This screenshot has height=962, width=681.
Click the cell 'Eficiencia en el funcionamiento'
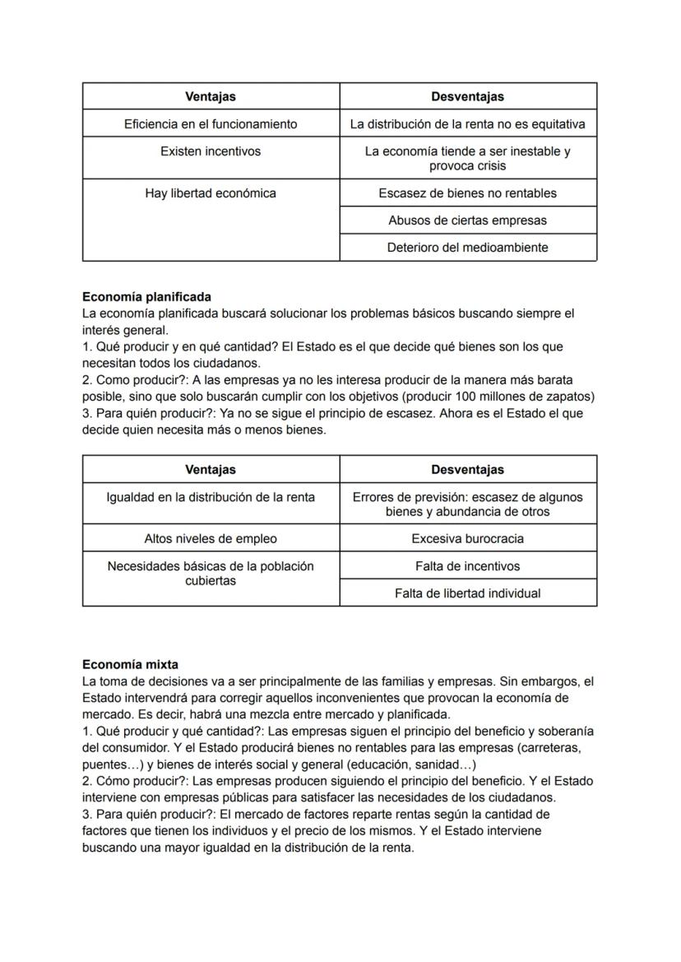[211, 124]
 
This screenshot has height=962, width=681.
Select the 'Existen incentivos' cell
[211, 151]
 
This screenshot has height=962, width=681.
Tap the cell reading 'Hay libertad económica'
[211, 193]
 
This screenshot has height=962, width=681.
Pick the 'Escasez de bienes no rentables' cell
[467, 193]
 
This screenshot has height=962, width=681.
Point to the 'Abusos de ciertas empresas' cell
[467, 221]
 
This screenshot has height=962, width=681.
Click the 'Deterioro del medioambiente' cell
[467, 248]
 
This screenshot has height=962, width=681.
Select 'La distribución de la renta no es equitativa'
[467, 124]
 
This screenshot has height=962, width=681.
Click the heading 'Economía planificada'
[146, 296]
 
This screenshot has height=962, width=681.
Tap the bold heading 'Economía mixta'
[130, 664]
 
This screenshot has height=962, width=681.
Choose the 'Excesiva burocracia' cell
[467, 539]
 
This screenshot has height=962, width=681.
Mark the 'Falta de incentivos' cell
[467, 566]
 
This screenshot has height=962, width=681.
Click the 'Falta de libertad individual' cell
[467, 593]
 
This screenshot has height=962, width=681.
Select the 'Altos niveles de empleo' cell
[211, 539]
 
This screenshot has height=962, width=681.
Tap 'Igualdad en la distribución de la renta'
[211, 497]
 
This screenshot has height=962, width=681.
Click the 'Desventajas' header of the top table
[467, 96]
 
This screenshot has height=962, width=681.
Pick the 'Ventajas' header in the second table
[211, 470]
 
